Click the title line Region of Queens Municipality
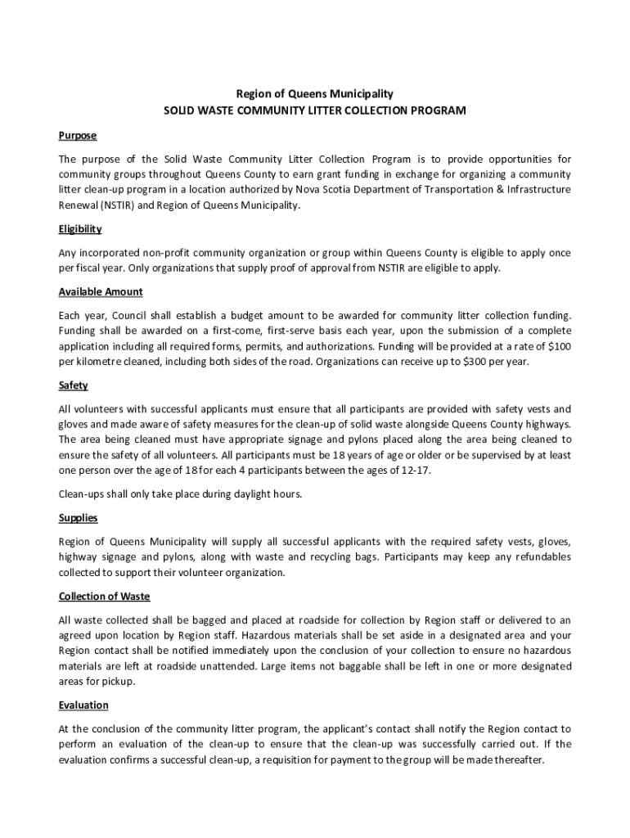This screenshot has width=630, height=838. (x=315, y=94)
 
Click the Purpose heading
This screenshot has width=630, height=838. (x=78, y=135)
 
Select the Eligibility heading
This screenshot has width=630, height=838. (x=80, y=229)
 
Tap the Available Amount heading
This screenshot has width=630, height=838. (x=101, y=292)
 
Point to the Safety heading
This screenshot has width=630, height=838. (x=74, y=385)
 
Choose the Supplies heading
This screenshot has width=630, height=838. (x=79, y=518)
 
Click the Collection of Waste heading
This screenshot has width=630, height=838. (x=104, y=596)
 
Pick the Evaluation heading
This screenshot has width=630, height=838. (x=83, y=705)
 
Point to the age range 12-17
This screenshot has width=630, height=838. (x=414, y=471)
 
